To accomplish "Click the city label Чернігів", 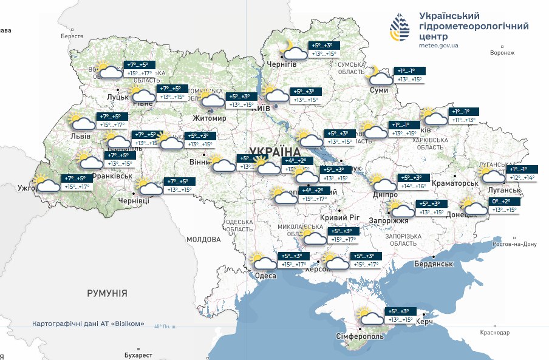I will (x=282, y=64).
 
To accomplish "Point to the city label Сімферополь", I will (x=360, y=336).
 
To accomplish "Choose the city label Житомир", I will (x=209, y=118).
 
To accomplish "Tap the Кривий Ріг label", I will (x=339, y=218).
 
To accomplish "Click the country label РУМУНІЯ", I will (x=107, y=293).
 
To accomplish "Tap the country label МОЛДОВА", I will (x=203, y=239).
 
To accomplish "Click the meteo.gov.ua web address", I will (x=438, y=45).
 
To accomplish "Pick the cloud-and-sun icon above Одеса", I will (x=265, y=261).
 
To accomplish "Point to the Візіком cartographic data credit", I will (x=88, y=324).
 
